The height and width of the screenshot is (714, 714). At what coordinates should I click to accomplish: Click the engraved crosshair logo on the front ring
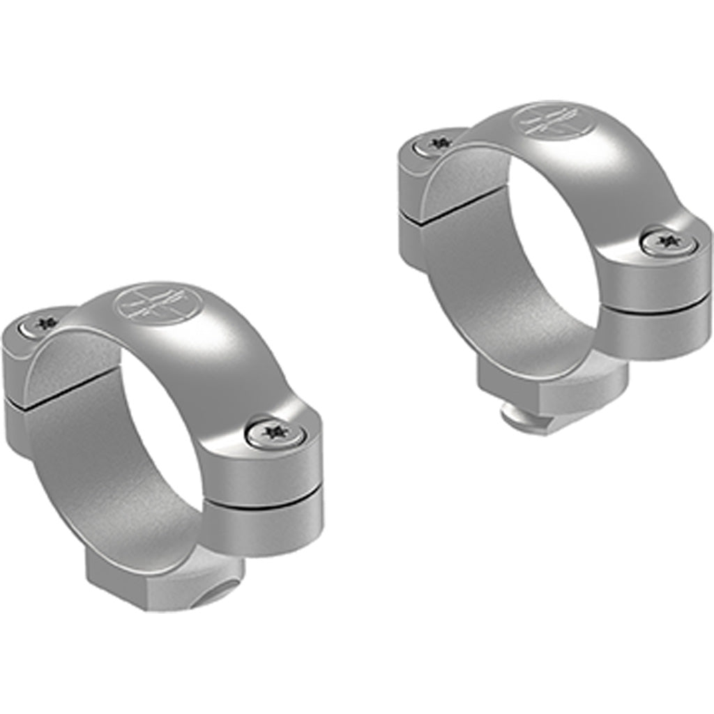[158, 305]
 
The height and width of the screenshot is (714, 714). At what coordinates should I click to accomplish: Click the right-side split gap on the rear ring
[655, 305]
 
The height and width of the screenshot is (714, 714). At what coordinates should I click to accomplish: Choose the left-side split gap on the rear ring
[446, 206]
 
